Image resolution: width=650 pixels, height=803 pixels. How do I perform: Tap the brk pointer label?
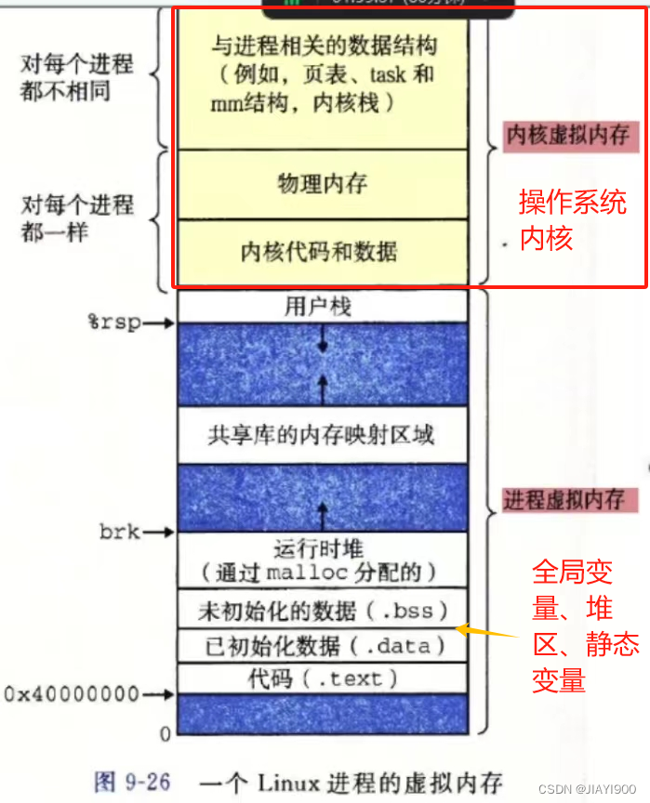pyautogui.click(x=119, y=533)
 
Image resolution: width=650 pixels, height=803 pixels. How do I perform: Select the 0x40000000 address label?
pyautogui.click(x=71, y=693)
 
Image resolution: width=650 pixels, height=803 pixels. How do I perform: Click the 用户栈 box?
pyautogui.click(x=322, y=306)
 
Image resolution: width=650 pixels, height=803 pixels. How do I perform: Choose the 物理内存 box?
pyautogui.click(x=322, y=184)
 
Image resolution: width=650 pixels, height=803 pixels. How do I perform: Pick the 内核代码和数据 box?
pyautogui.click(x=322, y=251)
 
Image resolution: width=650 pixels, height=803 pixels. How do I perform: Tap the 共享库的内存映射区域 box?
pyautogui.click(x=322, y=434)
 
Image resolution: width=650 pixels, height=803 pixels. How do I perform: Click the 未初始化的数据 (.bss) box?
pyautogui.click(x=322, y=610)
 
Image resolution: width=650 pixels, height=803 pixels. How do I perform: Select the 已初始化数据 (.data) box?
pyautogui.click(x=322, y=645)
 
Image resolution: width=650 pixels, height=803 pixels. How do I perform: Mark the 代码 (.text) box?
pyautogui.click(x=322, y=678)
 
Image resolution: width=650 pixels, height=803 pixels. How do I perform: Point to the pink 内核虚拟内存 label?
pyautogui.click(x=567, y=136)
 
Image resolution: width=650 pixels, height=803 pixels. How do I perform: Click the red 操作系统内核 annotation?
pyautogui.click(x=572, y=220)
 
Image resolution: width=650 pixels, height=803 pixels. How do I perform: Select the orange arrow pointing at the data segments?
pyautogui.click(x=484, y=632)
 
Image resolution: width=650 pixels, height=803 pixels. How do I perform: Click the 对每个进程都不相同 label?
pyautogui.click(x=77, y=77)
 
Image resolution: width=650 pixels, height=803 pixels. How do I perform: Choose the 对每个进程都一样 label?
pyautogui.click(x=77, y=217)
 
